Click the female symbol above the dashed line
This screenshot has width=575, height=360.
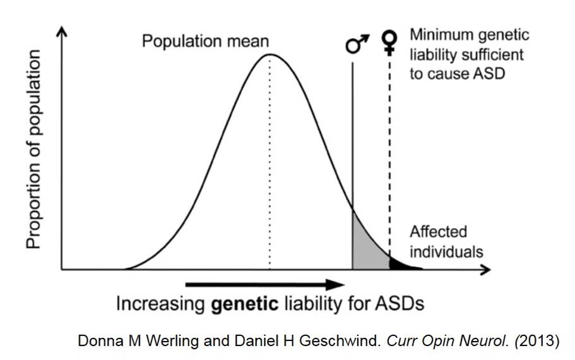(391, 42)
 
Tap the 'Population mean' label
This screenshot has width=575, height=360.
(205, 42)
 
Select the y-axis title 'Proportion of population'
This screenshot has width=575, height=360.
(33, 150)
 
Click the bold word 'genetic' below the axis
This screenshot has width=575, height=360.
(243, 303)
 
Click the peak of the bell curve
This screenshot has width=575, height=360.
(270, 54)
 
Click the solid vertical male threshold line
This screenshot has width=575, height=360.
(352, 139)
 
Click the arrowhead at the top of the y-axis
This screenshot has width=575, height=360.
(61, 32)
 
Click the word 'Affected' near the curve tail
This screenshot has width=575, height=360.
(438, 231)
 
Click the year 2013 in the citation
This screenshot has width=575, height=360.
(538, 341)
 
